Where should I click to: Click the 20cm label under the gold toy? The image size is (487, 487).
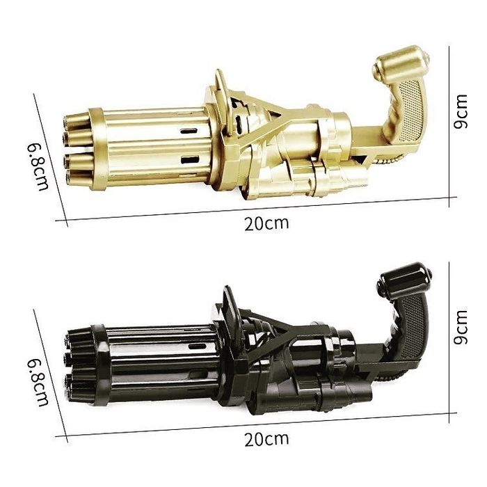click(266, 223)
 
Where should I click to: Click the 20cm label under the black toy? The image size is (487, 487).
click(266, 439)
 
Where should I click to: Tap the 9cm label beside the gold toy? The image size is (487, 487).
click(461, 111)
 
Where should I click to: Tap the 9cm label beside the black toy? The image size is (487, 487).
click(461, 327)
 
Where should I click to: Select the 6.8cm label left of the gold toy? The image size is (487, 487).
click(38, 167)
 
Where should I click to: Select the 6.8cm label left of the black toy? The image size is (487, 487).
click(38, 383)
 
